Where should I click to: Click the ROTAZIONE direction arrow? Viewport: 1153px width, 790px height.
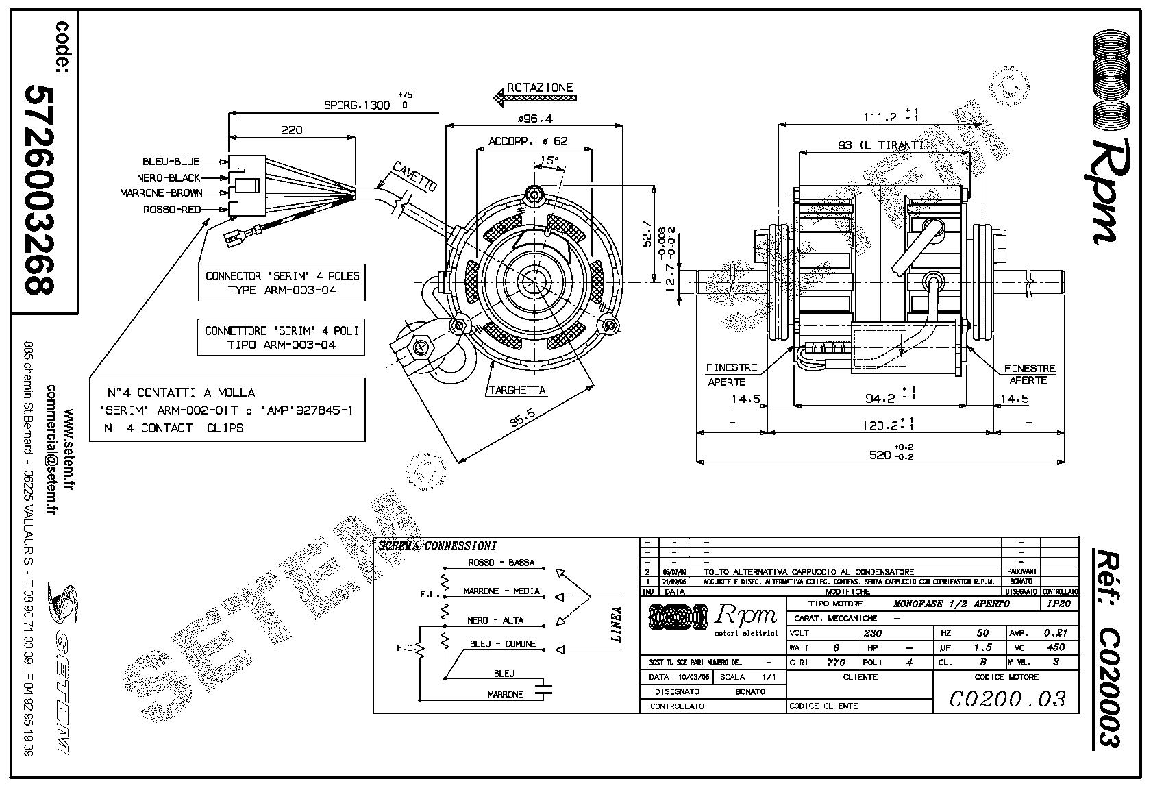pyautogui.click(x=534, y=98)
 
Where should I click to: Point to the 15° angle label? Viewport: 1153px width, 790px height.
pyautogui.click(x=548, y=160)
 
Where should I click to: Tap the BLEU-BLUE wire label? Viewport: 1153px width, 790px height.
pyautogui.click(x=171, y=162)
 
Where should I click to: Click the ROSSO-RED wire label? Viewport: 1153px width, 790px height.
pyautogui.click(x=171, y=210)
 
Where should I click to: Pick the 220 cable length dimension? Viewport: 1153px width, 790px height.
pyautogui.click(x=291, y=129)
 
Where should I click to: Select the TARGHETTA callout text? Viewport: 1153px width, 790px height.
pyautogui.click(x=517, y=390)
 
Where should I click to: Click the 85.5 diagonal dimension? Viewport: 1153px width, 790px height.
pyautogui.click(x=523, y=418)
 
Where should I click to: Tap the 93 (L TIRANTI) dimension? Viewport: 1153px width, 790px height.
pyautogui.click(x=884, y=145)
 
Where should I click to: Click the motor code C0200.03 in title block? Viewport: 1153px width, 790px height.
pyautogui.click(x=1007, y=698)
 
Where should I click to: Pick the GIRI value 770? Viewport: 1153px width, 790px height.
pyautogui.click(x=836, y=663)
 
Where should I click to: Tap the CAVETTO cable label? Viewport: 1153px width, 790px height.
pyautogui.click(x=414, y=176)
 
